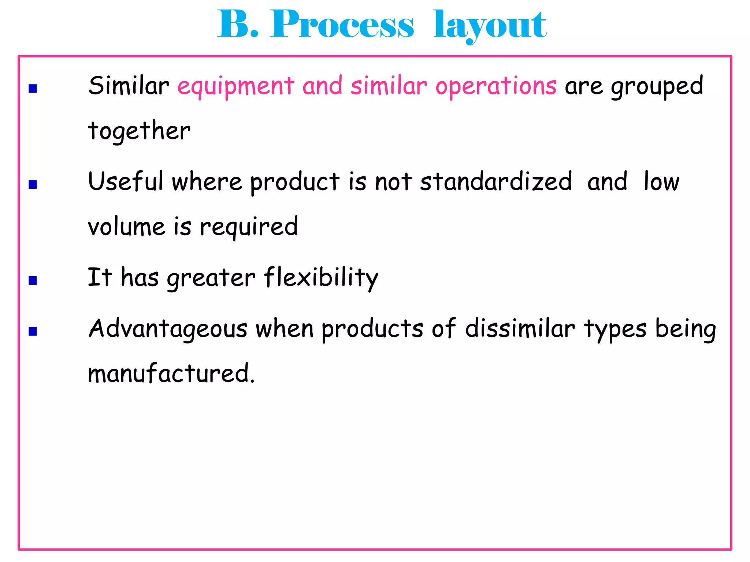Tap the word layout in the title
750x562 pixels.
pos(490,26)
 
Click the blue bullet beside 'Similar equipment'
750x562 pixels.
pos(33,89)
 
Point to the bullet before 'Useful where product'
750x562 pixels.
pos(33,184)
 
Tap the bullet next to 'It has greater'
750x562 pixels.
pos(33,280)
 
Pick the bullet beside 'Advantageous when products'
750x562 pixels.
pos(33,331)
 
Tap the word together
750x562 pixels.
pos(139,131)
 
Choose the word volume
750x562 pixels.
pos(126,227)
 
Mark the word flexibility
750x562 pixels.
pos(321,278)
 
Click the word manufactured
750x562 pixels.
pos(171,374)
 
